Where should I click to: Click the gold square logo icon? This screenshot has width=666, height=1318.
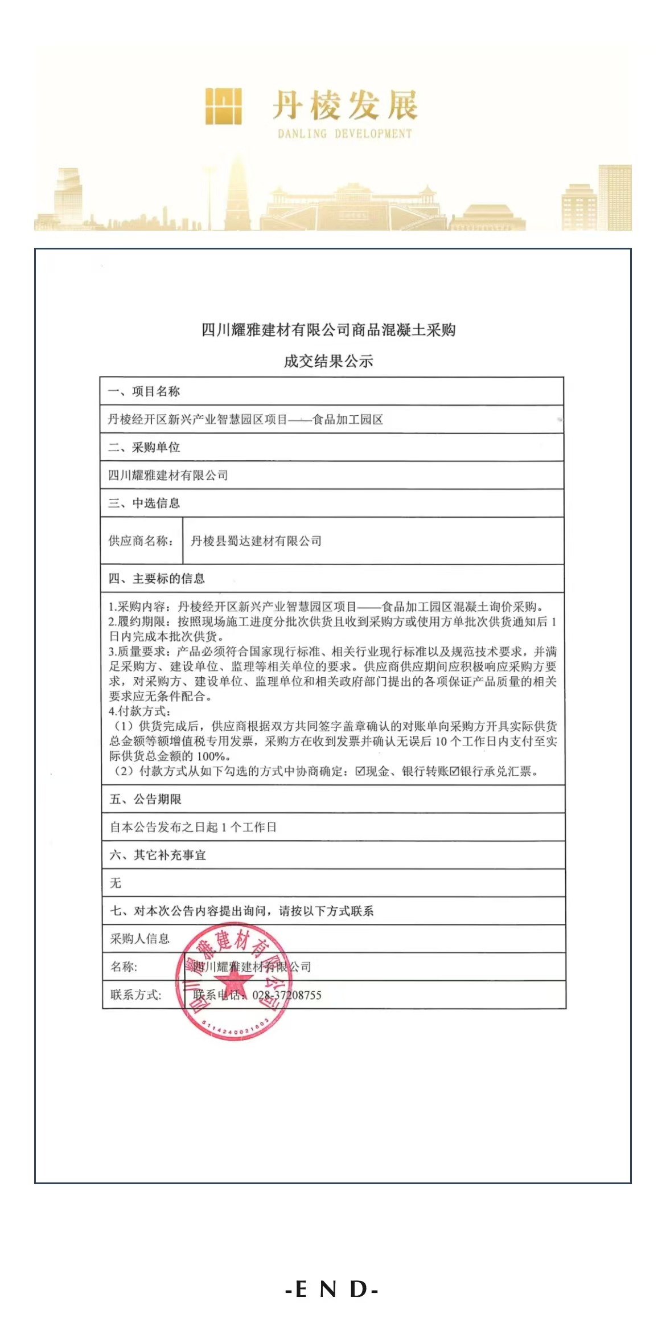coord(223,106)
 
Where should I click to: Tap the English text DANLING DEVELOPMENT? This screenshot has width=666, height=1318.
coord(344,134)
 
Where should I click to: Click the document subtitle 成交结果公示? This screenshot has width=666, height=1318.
coord(328,361)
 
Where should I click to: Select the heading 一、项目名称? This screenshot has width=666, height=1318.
coord(144,391)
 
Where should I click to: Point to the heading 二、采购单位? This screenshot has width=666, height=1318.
coord(144,447)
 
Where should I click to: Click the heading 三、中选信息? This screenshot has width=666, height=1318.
coord(144,503)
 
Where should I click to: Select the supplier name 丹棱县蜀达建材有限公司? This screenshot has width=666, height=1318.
coord(256,541)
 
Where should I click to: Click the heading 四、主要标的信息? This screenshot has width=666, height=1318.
coord(157,579)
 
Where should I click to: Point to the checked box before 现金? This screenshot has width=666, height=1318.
coord(360,772)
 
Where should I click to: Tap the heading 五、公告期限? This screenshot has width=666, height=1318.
coord(145,799)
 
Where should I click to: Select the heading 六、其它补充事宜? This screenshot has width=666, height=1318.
coord(158,855)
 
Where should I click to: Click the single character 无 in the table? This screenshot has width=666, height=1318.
coord(116,883)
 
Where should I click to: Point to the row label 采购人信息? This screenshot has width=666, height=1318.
coord(139,939)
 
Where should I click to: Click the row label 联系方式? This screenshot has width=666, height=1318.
coord(136,995)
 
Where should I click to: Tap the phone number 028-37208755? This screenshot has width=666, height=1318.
coord(287,995)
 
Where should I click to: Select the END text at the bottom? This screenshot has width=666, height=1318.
coord(332,1289)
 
